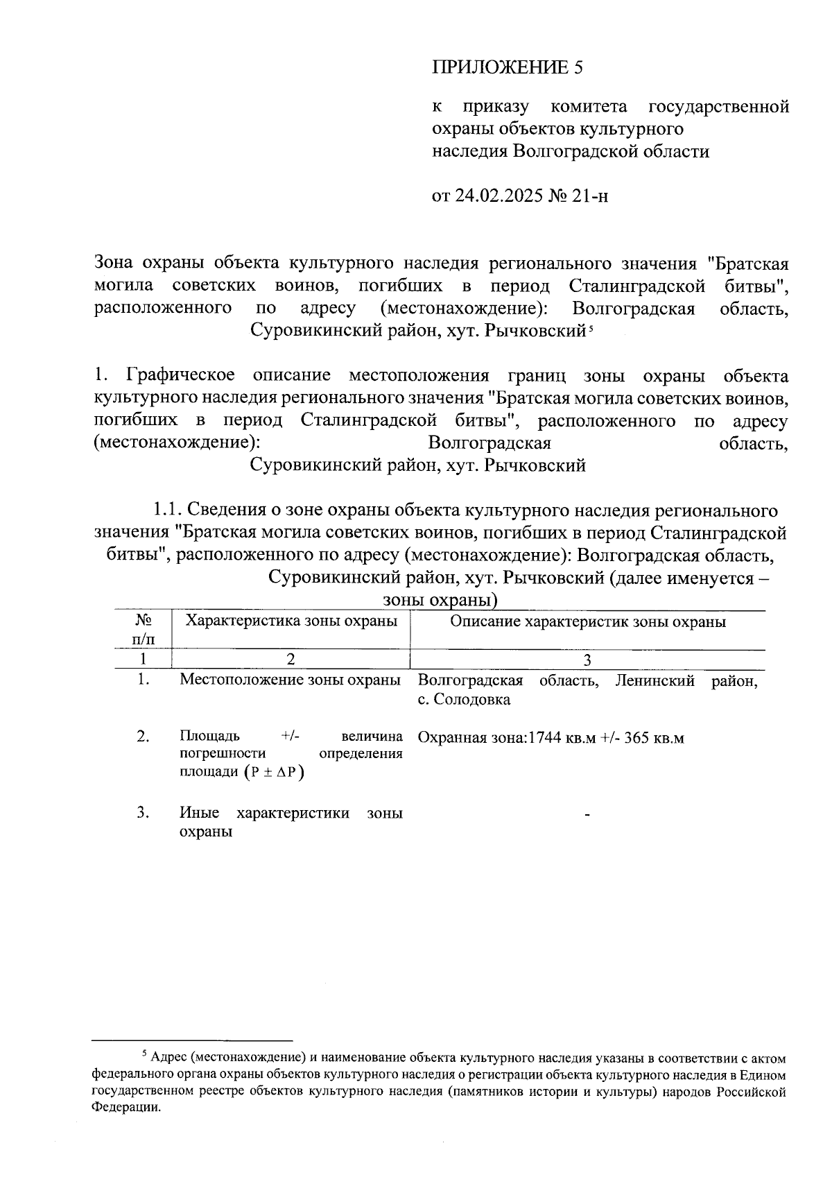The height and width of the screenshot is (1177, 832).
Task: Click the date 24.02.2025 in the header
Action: coord(497,196)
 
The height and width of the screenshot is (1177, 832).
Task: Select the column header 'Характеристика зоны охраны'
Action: coord(291,621)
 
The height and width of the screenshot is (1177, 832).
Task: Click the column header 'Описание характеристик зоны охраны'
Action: coord(588,621)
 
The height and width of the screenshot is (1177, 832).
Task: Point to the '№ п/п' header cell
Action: coord(143,628)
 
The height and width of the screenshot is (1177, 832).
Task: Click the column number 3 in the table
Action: coord(587,659)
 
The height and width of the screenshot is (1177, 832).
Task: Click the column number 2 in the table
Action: coord(291,659)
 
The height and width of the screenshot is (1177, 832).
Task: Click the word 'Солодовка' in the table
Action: coord(473,699)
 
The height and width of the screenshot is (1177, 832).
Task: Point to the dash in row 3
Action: coord(587,816)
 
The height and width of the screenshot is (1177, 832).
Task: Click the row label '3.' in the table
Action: coord(143,813)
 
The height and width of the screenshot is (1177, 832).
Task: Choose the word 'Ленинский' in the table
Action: coord(655,680)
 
